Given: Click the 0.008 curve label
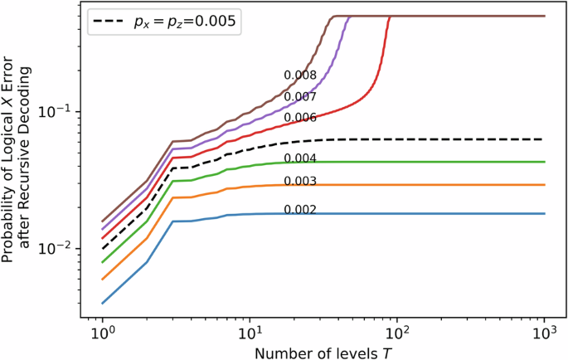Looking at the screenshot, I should click(x=300, y=75).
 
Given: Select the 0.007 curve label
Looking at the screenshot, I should click(x=300, y=97).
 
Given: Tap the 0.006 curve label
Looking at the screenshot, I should click(x=300, y=118).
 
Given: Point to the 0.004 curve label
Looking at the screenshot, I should click(x=300, y=158).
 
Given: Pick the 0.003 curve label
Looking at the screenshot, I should click(x=300, y=182).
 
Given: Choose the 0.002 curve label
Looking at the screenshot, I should click(x=300, y=210).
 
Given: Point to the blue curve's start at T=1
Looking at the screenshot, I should click(x=102, y=303).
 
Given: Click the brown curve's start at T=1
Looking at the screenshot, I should click(x=102, y=221).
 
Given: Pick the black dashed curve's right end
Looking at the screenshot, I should click(x=545, y=139).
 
